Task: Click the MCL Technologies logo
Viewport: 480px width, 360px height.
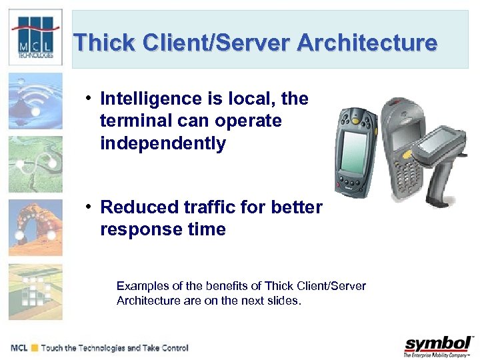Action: pyautogui.click(x=35, y=39)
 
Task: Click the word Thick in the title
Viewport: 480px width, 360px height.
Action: pyautogui.click(x=99, y=43)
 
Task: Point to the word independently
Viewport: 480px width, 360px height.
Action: pyautogui.click(x=163, y=143)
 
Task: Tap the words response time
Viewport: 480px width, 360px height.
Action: pyautogui.click(x=163, y=230)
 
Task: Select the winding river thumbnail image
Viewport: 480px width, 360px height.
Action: pyautogui.click(x=35, y=164)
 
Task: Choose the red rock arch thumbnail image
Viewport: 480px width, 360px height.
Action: pyautogui.click(x=35, y=227)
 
